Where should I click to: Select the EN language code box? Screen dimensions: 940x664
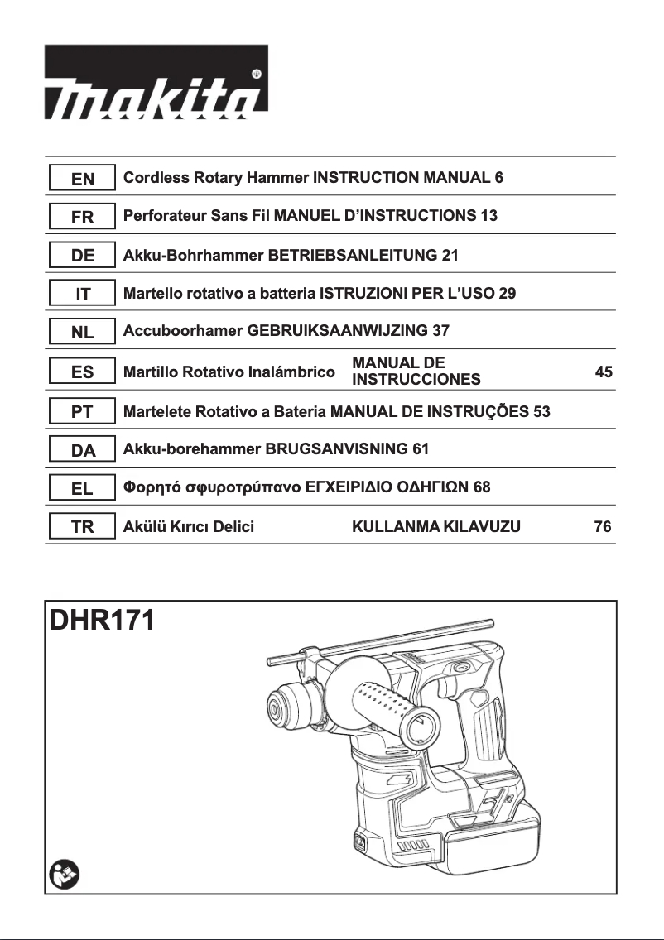[x=81, y=179]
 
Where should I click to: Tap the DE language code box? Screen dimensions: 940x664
[x=81, y=256]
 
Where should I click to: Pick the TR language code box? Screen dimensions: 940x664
[x=81, y=527]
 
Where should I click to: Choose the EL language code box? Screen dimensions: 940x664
[x=81, y=488]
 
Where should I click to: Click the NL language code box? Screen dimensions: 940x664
[x=81, y=333]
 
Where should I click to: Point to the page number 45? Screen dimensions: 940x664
[x=604, y=372]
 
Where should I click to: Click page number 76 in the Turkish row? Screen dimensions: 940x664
[x=603, y=527]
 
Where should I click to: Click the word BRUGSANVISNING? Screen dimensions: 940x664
[x=335, y=449]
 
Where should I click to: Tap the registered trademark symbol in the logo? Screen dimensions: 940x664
[x=257, y=74]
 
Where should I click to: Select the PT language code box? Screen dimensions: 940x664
[x=81, y=411]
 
